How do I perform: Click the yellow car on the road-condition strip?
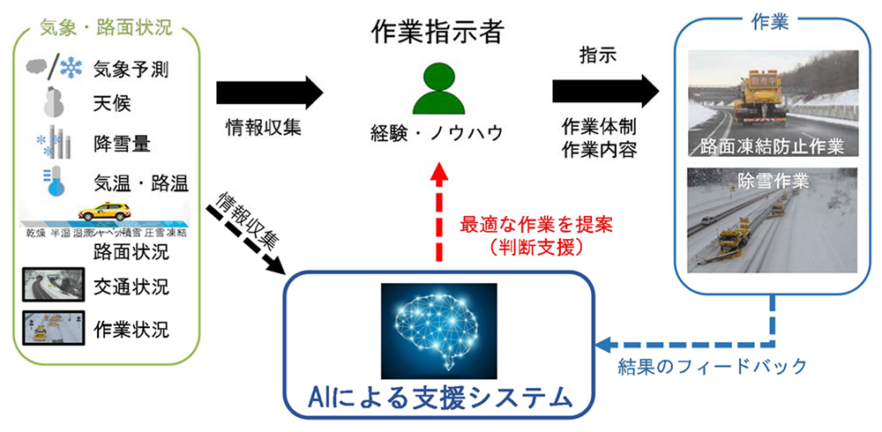pos(104,212)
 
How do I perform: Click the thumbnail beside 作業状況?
pos(48,328)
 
